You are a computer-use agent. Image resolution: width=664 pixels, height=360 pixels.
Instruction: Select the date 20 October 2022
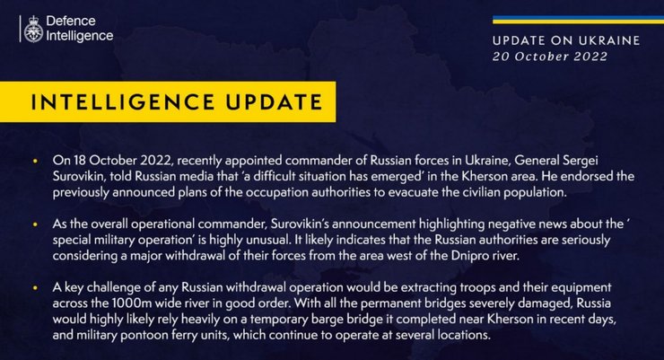[x=549, y=56]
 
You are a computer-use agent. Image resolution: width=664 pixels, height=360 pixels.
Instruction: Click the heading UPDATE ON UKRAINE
[x=566, y=40]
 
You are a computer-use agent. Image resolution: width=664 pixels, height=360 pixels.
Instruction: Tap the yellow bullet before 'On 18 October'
[x=34, y=162]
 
